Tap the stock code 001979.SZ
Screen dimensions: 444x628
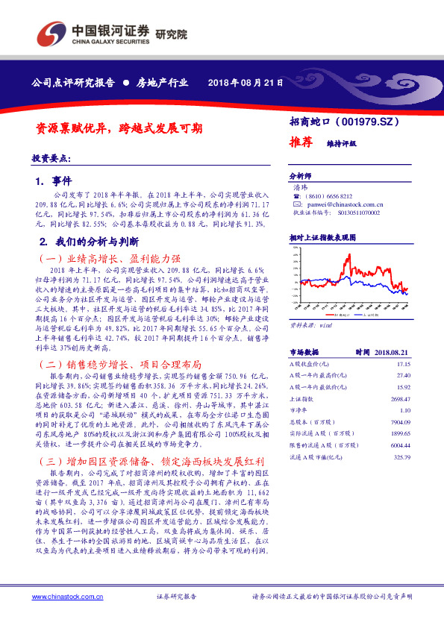(369, 121)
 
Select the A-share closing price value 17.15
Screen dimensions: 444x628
(402, 362)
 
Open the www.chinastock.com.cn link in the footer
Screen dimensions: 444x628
(63, 597)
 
